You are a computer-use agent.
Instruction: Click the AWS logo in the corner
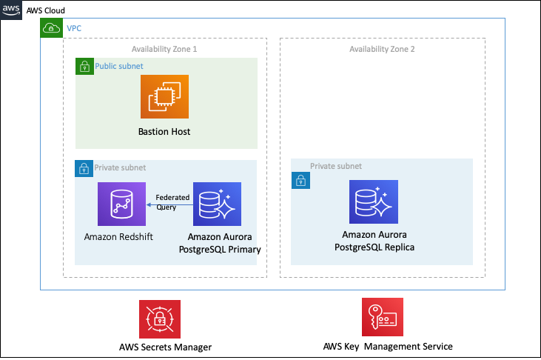(x=11, y=9)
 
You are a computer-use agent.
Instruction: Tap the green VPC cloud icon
(x=51, y=28)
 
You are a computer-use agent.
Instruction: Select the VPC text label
(x=74, y=28)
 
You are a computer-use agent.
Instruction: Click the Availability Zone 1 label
(x=164, y=48)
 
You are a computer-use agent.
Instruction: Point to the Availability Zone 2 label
(x=382, y=48)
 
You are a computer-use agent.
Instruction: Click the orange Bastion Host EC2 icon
(x=164, y=97)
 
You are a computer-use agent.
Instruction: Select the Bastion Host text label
(x=164, y=132)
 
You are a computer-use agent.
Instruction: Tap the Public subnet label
(x=119, y=66)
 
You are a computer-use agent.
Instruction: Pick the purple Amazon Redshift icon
(x=121, y=204)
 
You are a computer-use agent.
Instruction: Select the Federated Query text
(x=172, y=202)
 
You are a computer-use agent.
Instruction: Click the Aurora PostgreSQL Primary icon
(x=217, y=204)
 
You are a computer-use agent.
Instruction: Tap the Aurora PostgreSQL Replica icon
(x=374, y=202)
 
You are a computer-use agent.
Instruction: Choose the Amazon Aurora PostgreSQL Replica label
(x=374, y=241)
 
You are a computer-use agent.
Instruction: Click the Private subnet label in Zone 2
(x=336, y=166)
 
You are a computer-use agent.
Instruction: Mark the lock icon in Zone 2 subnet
(x=300, y=181)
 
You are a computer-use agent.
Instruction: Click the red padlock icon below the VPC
(x=159, y=319)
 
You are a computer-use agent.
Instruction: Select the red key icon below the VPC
(x=383, y=317)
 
